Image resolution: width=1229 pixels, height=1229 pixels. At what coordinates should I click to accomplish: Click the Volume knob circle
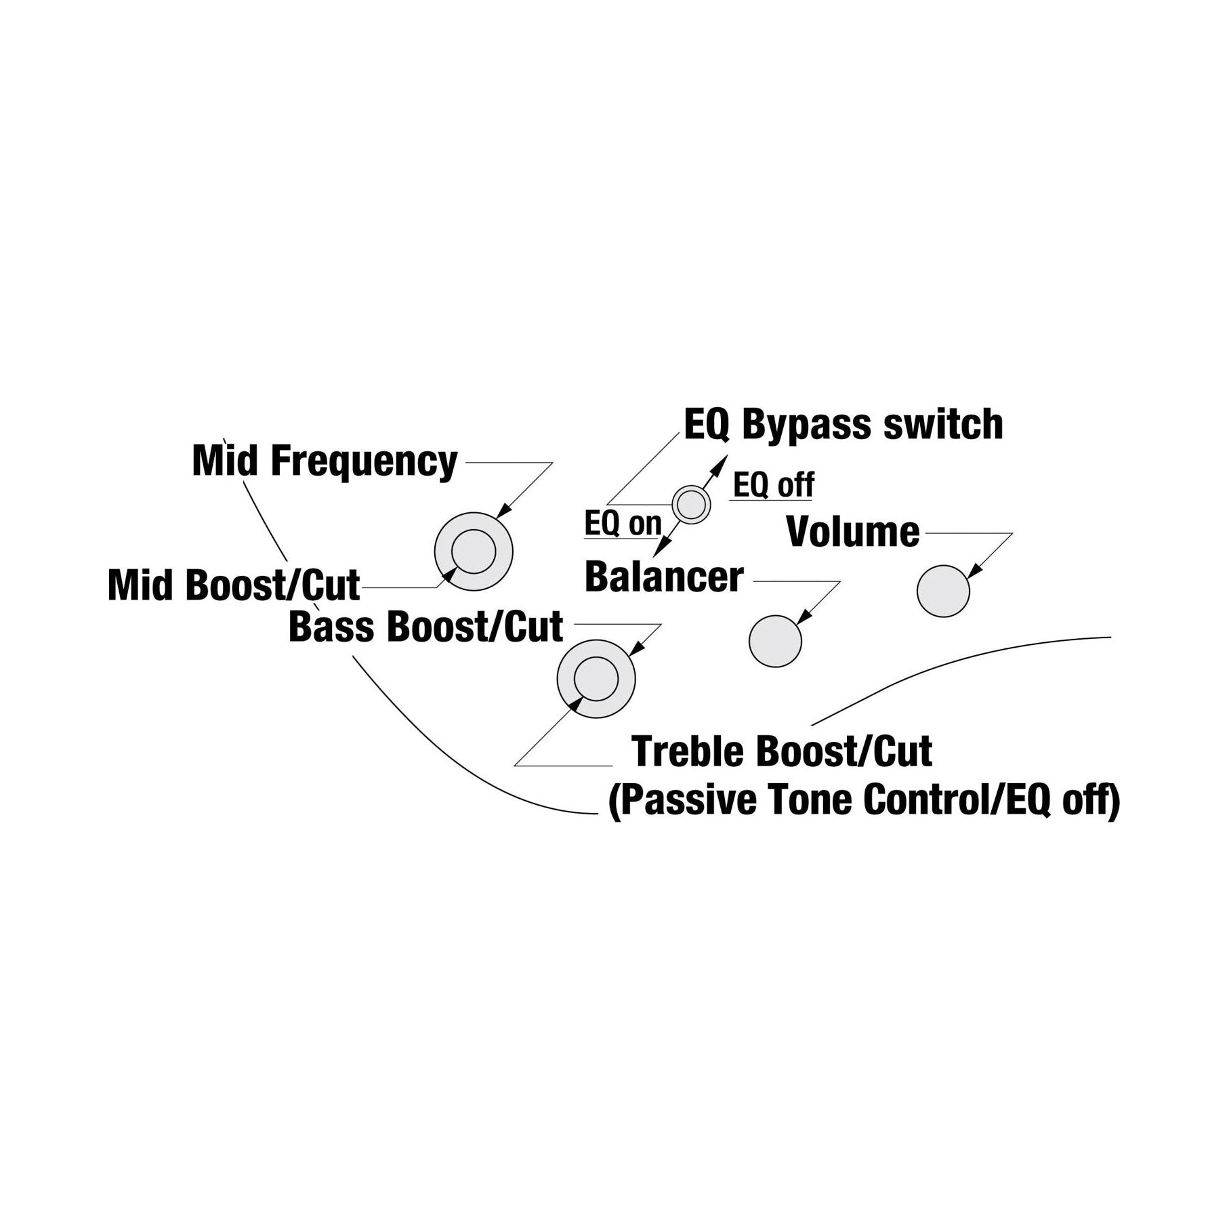pyautogui.click(x=943, y=591)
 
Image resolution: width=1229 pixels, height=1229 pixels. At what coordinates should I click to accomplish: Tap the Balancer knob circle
pyautogui.click(x=775, y=641)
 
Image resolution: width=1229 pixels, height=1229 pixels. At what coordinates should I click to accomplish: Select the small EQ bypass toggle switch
pyautogui.click(x=691, y=504)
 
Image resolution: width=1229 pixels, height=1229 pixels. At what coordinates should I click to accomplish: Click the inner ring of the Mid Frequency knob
pyautogui.click(x=474, y=550)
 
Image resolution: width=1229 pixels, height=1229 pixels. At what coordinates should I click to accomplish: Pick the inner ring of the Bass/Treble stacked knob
pyautogui.click(x=596, y=678)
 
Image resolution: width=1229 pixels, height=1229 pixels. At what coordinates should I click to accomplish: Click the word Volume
pyautogui.click(x=853, y=532)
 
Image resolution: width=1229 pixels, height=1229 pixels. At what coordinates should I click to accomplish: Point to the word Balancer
pyautogui.click(x=664, y=577)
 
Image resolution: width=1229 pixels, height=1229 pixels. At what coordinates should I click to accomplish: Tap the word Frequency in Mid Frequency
pyautogui.click(x=364, y=463)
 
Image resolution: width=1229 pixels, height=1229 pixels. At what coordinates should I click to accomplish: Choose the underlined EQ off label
pyautogui.click(x=774, y=485)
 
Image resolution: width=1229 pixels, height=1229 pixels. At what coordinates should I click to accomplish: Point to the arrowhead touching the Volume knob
pyautogui.click(x=974, y=570)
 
